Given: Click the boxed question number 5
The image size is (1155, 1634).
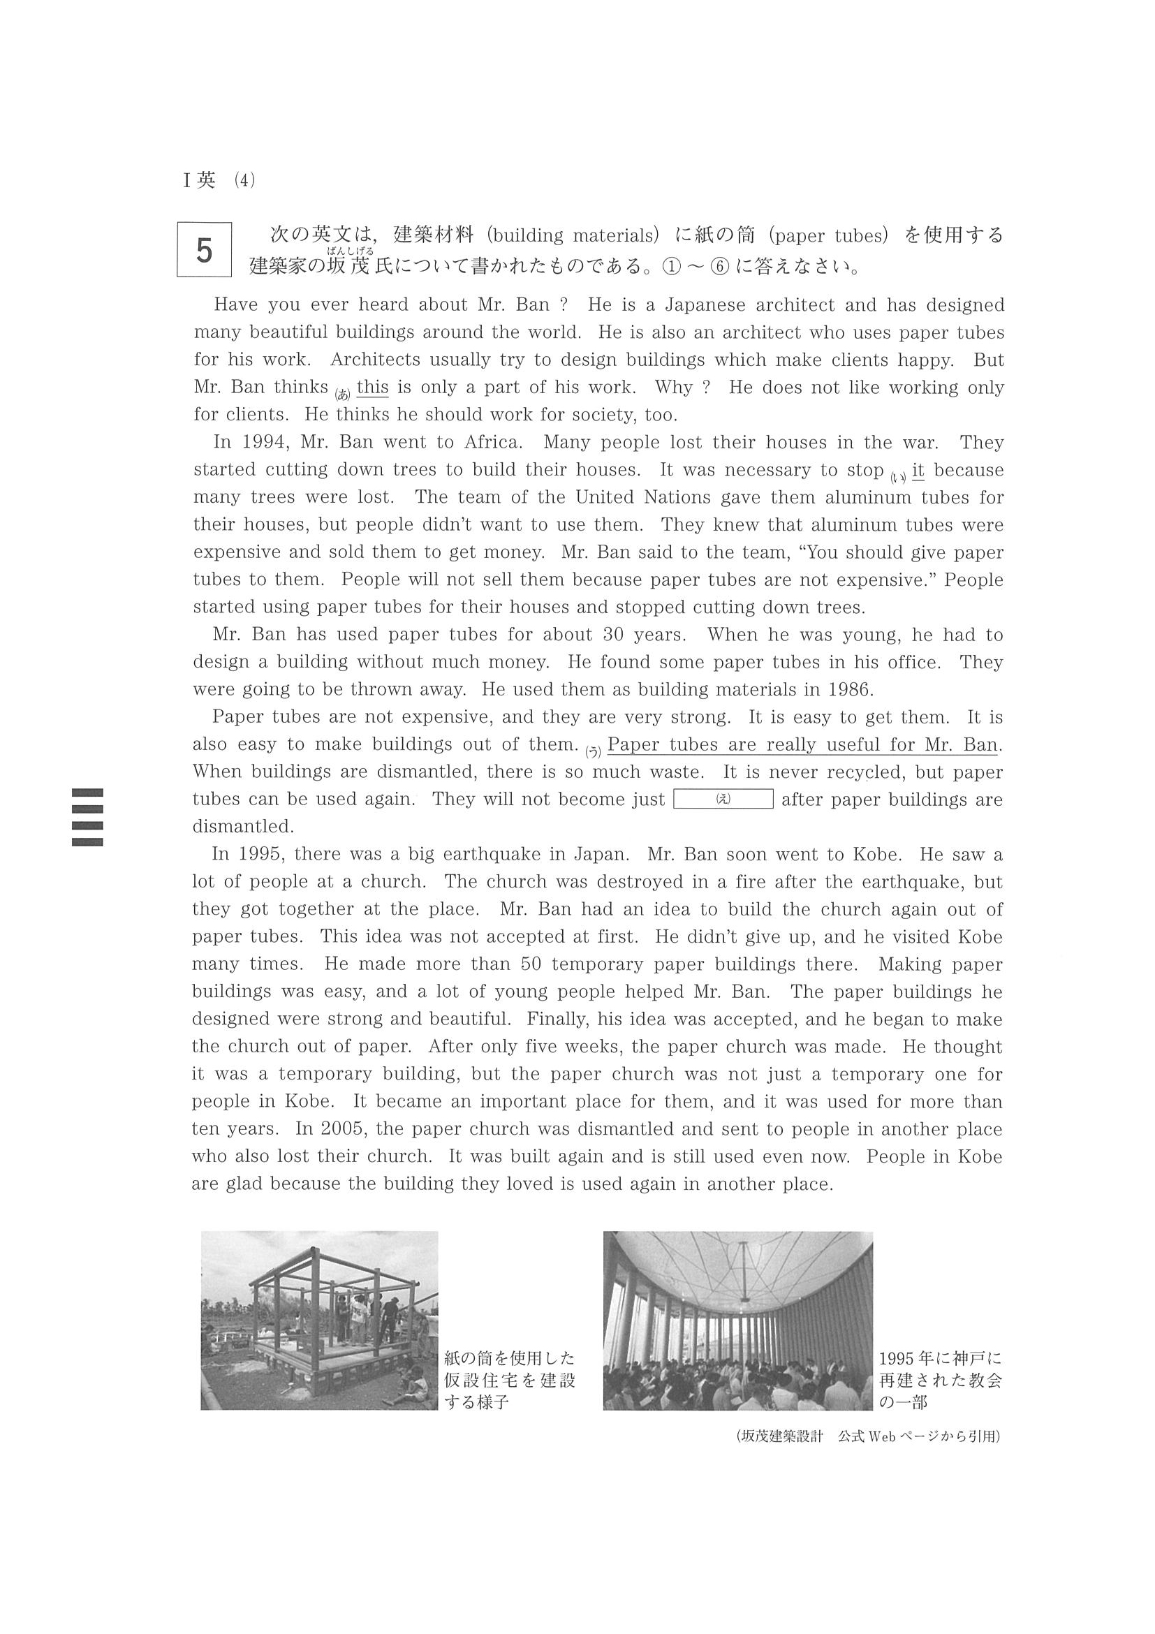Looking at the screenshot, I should point(204,250).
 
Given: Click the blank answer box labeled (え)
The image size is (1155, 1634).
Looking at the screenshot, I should point(723,799).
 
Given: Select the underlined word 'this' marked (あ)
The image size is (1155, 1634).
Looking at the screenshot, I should point(372,387).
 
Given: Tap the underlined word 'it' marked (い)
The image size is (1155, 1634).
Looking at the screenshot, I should point(918,470).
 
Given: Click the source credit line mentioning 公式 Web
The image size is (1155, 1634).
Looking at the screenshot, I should point(868,1436).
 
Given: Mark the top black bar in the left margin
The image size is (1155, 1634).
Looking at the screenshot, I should point(87,792).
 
